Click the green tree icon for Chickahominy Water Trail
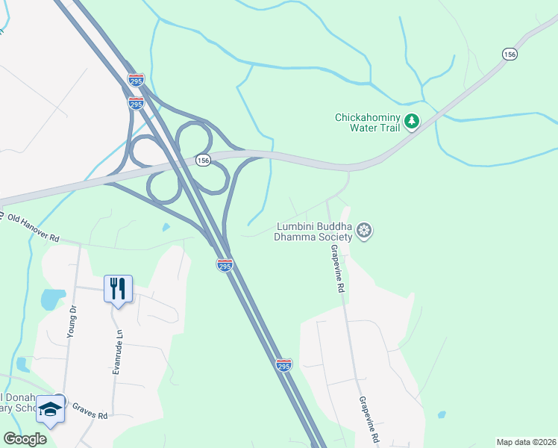click(412, 121)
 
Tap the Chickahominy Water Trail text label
click(368, 122)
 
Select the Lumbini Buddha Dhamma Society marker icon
click(364, 231)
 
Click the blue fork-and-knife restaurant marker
click(118, 287)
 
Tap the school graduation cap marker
click(51, 409)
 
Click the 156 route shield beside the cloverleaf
click(202, 161)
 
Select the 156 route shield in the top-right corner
click(510, 55)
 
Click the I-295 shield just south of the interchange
click(225, 264)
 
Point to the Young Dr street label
click(72, 322)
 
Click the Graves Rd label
click(90, 410)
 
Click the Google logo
click(25, 439)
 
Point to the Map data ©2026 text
click(525, 442)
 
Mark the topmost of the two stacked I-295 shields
click(136, 80)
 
